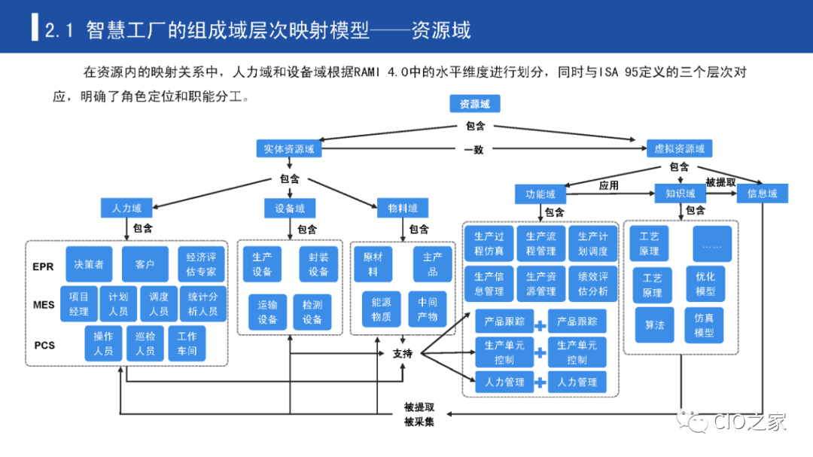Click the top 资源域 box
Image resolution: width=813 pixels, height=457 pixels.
coord(474,104)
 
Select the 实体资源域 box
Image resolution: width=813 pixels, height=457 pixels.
coord(288,149)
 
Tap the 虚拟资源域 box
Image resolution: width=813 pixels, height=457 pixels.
coord(679,149)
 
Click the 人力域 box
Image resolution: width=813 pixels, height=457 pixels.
coord(126,208)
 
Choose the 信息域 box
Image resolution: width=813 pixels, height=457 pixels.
coord(762,193)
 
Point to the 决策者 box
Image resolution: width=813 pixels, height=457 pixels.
coord(89,264)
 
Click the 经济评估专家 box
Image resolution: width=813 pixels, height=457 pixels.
coord(201,264)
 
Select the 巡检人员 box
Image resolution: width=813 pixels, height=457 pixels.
coord(145,343)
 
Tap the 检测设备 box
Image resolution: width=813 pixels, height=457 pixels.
coord(312,312)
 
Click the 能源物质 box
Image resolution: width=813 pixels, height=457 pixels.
coord(381,309)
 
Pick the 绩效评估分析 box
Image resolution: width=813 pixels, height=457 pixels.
coord(592,284)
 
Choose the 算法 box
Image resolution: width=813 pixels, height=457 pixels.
coord(654,324)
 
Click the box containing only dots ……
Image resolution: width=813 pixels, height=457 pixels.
coord(711,245)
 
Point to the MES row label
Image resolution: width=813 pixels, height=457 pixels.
coord(44,305)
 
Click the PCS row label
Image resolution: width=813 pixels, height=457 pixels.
coord(44,346)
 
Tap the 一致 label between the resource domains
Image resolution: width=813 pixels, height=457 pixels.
coord(473,150)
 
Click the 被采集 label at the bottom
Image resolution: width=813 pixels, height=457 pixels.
coord(419,422)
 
